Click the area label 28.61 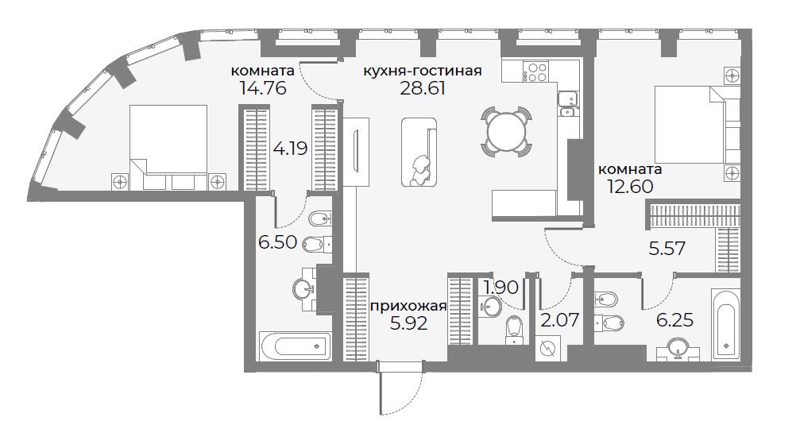(422, 88)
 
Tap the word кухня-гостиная (423, 71)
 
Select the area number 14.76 (263, 88)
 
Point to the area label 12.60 (630, 187)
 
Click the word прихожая (408, 307)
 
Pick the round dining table (507, 132)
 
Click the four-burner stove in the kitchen (536, 71)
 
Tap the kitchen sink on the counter (566, 103)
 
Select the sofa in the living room (419, 153)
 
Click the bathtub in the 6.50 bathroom (296, 346)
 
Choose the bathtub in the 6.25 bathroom (726, 325)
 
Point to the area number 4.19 (290, 149)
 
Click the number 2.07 (560, 320)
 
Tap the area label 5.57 (667, 249)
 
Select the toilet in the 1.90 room (514, 330)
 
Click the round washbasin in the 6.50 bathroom (304, 290)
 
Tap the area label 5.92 (408, 323)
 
